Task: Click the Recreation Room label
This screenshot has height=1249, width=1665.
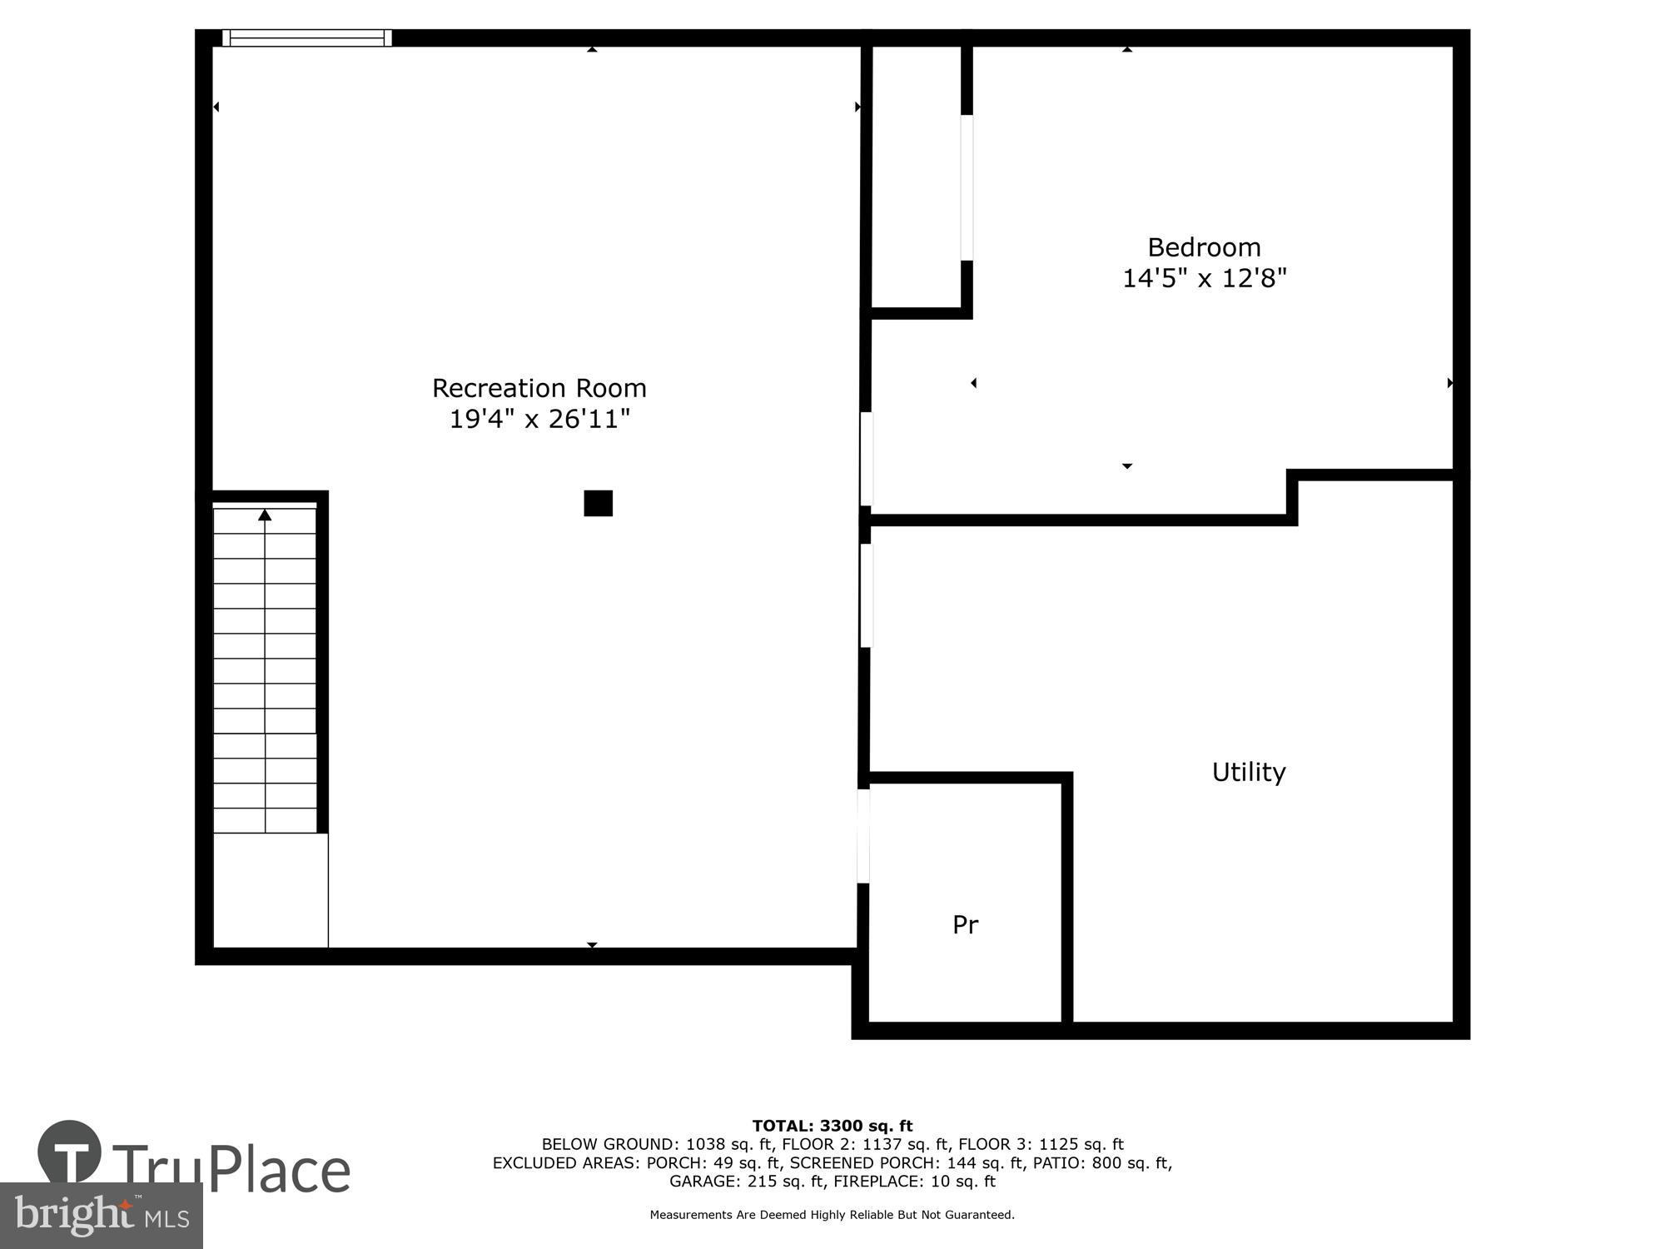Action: click(x=539, y=388)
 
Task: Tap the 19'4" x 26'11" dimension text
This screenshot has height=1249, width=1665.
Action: click(x=539, y=419)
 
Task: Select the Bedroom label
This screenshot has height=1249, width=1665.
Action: click(x=1204, y=247)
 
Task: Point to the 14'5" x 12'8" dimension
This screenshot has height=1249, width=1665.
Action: click(x=1204, y=278)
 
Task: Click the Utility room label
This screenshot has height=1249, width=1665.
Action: click(x=1248, y=772)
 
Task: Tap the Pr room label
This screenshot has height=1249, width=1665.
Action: click(x=965, y=924)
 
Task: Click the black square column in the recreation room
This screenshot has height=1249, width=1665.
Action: click(x=598, y=503)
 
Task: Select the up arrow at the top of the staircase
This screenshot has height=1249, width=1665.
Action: click(x=265, y=515)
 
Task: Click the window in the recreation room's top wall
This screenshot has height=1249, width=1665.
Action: click(x=307, y=37)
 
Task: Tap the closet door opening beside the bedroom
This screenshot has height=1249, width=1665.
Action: click(x=967, y=187)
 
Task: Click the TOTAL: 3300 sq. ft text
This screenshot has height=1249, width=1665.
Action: click(x=832, y=1126)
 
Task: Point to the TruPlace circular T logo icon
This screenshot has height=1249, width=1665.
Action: click(x=69, y=1152)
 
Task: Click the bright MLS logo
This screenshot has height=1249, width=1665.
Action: click(x=102, y=1216)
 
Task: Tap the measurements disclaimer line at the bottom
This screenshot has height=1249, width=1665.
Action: click(x=832, y=1215)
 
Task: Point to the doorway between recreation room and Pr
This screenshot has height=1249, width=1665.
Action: click(x=864, y=835)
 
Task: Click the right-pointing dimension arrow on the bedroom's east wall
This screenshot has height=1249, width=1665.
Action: click(x=1449, y=383)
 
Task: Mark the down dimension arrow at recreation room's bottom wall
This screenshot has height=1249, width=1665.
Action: click(x=592, y=945)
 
